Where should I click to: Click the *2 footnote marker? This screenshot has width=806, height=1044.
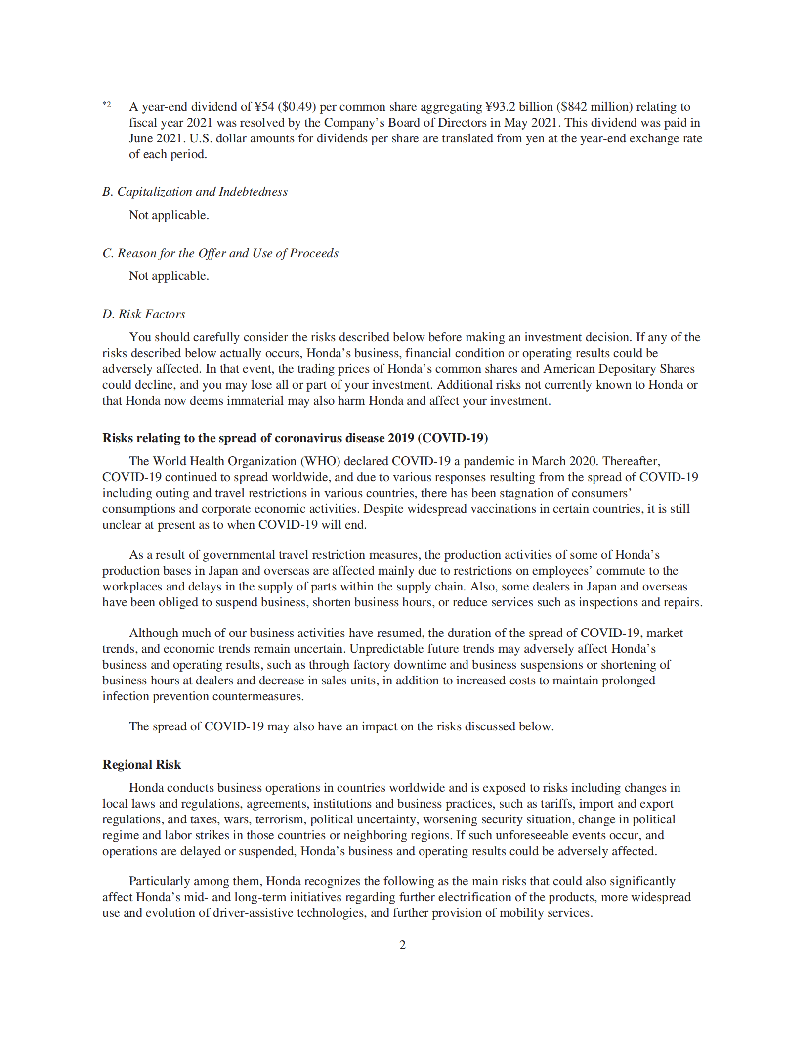pyautogui.click(x=107, y=104)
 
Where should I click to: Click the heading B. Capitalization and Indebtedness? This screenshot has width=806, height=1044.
pyautogui.click(x=195, y=192)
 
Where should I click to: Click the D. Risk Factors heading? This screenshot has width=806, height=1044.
pyautogui.click(x=144, y=314)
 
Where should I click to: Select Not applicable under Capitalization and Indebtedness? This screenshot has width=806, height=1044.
pyautogui.click(x=169, y=215)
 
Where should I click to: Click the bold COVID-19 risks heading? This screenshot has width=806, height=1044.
pyautogui.click(x=295, y=438)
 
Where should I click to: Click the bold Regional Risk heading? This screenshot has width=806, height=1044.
pyautogui.click(x=142, y=765)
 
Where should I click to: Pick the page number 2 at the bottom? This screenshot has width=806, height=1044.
pyautogui.click(x=403, y=945)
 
